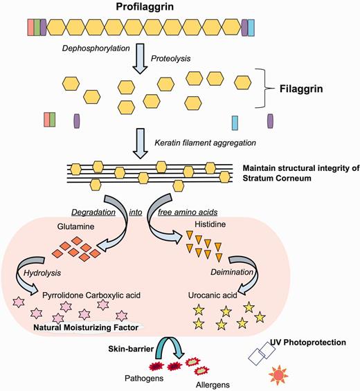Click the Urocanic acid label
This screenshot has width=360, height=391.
pyautogui.click(x=213, y=294)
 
